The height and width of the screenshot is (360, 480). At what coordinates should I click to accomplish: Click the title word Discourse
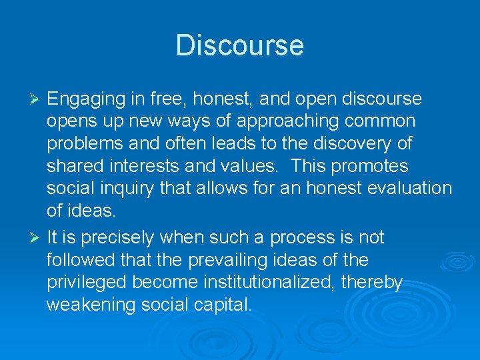coord(239,45)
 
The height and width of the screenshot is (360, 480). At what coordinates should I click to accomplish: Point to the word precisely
coord(123,238)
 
